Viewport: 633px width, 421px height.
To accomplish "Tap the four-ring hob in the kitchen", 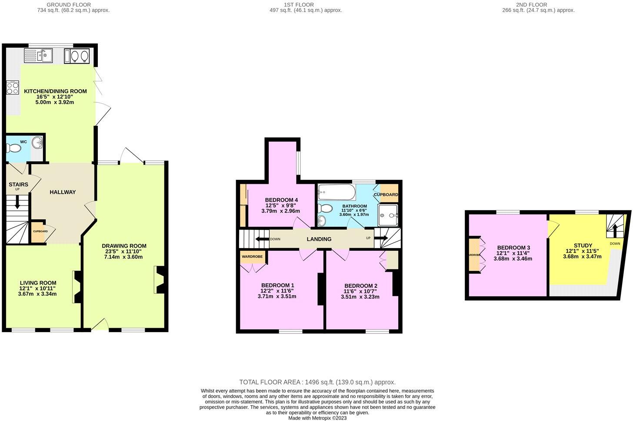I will (13, 88).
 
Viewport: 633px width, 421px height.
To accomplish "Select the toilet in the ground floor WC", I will (14, 148).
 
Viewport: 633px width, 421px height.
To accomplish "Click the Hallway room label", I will (63, 192).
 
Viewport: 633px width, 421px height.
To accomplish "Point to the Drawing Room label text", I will (124, 246).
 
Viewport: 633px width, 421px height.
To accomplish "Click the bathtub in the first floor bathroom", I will (336, 192).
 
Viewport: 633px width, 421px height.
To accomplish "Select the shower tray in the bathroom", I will (388, 215).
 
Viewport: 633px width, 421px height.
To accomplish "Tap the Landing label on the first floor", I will (319, 239).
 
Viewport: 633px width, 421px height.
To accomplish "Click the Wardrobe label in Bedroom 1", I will (252, 257).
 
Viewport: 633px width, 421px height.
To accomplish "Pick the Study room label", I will (582, 246).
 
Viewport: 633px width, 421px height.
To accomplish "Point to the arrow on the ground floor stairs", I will (17, 202).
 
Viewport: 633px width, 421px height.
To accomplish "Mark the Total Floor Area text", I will (317, 382).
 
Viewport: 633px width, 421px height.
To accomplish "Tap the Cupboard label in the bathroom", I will (386, 195).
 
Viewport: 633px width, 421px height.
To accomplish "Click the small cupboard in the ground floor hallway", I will (40, 232).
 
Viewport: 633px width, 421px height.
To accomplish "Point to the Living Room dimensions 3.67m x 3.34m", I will (37, 294).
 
